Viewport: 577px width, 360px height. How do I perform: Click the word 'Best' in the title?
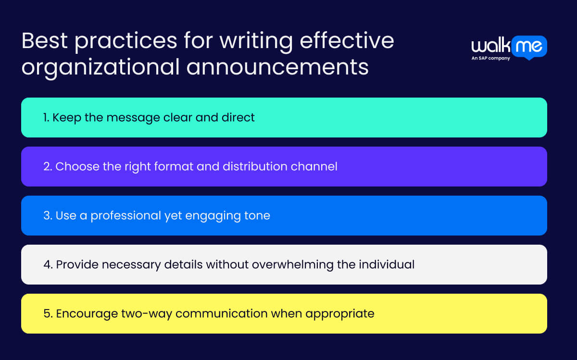point(44,42)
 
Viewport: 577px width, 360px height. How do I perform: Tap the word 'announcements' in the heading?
point(277,67)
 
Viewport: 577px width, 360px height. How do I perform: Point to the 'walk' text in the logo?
point(489,46)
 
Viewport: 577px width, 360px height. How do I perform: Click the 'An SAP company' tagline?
point(490,59)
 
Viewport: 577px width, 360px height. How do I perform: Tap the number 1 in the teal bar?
point(46,118)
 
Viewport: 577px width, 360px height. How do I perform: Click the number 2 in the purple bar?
point(47,167)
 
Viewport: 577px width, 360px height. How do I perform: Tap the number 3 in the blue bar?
point(47,216)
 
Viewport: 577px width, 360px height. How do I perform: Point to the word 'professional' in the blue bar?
point(125,216)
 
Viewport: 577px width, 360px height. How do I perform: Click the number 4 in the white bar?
point(47,265)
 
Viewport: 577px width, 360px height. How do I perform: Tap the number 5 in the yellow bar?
point(47,314)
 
